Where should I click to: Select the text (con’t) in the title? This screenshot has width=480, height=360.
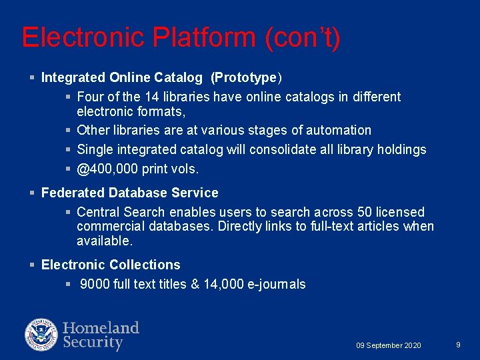pyautogui.click(x=303, y=38)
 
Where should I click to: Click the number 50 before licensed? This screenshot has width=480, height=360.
pyautogui.click(x=365, y=212)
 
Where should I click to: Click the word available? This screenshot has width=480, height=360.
pyautogui.click(x=105, y=241)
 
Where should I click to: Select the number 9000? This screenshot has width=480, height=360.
pyautogui.click(x=95, y=284)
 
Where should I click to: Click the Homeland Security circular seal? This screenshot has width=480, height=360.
pyautogui.click(x=41, y=335)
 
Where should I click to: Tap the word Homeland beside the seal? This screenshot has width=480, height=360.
pyautogui.click(x=101, y=328)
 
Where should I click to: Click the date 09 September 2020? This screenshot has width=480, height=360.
pyautogui.click(x=389, y=345)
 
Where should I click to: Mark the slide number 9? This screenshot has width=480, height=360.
pyautogui.click(x=458, y=345)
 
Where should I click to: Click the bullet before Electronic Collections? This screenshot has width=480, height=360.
pyautogui.click(x=33, y=265)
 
